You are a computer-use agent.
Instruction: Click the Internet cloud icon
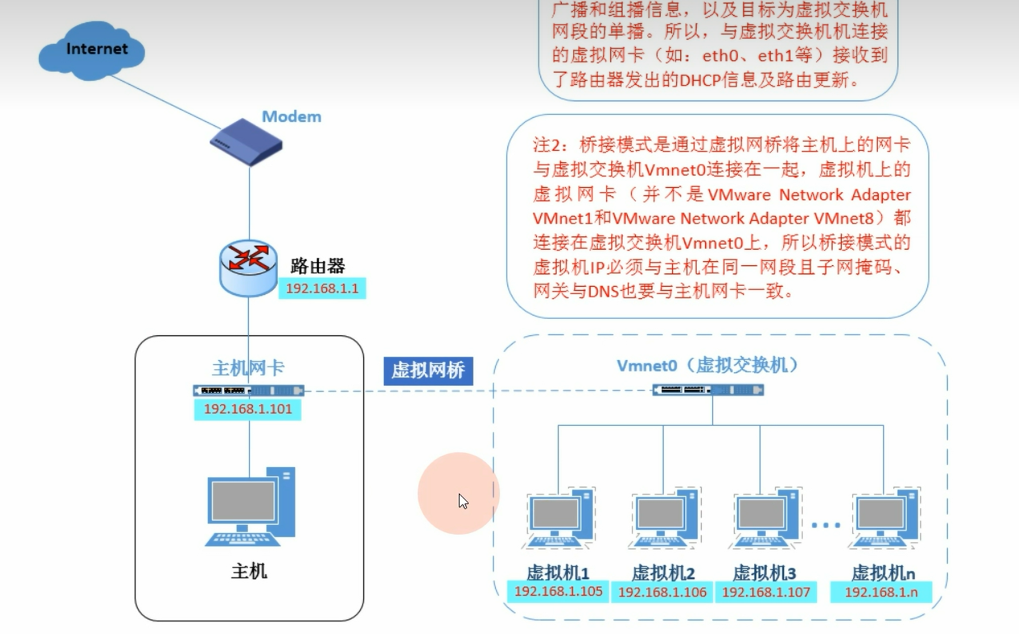(91, 50)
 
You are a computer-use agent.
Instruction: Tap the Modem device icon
(246, 142)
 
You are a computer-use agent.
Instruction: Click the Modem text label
(291, 117)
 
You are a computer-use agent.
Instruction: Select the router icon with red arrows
(249, 268)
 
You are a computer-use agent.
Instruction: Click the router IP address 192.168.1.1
(322, 288)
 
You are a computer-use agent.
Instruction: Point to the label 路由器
(318, 266)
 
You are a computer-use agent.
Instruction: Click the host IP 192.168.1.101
(247, 409)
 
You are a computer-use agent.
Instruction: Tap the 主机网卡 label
(248, 368)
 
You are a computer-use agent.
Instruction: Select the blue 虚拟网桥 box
(428, 370)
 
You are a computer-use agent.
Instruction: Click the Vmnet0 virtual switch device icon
(708, 390)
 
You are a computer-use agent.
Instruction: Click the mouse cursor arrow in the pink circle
(463, 501)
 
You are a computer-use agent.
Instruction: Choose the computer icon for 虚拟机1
(559, 519)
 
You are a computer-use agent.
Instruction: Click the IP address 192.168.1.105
(558, 591)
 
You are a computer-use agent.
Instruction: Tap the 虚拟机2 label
(663, 573)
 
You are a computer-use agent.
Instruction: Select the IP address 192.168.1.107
(766, 592)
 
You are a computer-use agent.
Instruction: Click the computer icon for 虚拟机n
(884, 519)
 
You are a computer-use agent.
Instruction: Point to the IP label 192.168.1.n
(881, 592)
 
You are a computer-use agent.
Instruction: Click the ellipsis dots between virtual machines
(826, 525)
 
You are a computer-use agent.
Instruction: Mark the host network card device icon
(249, 391)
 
